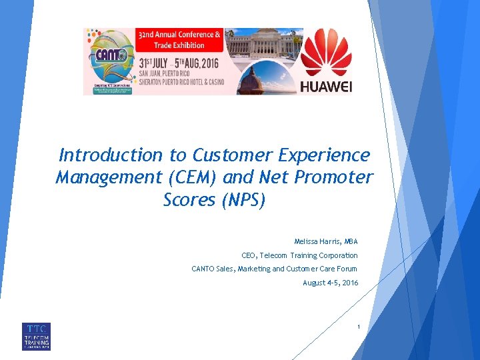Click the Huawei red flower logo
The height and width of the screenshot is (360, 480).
pos(326,53)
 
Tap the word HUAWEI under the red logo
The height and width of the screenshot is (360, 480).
pos(326,87)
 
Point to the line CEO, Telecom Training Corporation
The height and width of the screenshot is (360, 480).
pos(299,255)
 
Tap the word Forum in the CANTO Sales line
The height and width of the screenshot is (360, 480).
pos(346,269)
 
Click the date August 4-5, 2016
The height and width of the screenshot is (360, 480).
pos(330,283)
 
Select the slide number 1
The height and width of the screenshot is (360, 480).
pos(358,327)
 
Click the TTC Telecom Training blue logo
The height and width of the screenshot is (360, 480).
pos(36,337)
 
